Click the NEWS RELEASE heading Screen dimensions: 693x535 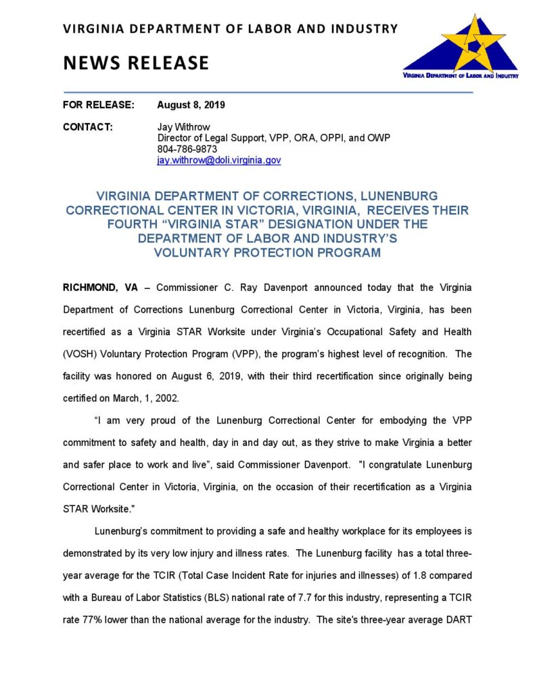[x=135, y=63]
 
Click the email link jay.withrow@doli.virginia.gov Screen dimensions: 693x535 [x=218, y=160]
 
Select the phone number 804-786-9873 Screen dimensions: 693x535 [x=187, y=149]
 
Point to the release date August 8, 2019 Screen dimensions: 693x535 [x=191, y=105]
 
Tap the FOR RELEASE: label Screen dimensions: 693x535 [x=98, y=105]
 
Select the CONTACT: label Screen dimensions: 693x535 [x=87, y=127]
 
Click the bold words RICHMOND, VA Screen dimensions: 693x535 [x=101, y=288]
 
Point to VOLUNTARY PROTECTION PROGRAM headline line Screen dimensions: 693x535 [x=267, y=253]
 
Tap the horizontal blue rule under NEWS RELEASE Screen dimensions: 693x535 [x=267, y=91]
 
